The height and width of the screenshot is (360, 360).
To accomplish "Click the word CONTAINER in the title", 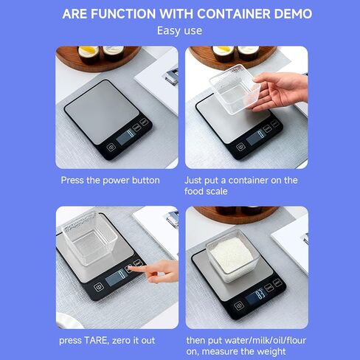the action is click(x=233, y=14).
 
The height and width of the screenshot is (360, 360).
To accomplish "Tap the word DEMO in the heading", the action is click(x=293, y=14).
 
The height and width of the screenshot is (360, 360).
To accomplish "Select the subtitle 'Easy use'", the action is click(x=180, y=31).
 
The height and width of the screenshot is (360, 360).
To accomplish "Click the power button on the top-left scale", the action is click(x=111, y=148).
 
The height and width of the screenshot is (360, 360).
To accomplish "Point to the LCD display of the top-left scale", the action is click(x=126, y=136).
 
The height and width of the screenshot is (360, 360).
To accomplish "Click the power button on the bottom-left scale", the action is click(x=99, y=287).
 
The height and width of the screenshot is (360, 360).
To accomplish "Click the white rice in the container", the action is click(x=231, y=254).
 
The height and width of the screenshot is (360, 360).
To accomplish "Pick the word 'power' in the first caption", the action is click(x=116, y=181).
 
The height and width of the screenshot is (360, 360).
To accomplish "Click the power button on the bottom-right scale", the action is click(x=239, y=306).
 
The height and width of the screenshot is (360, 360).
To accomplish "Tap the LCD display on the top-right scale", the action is click(x=256, y=137).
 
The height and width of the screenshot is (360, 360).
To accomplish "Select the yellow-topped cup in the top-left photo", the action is click(x=89, y=54).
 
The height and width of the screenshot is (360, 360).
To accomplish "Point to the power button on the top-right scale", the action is click(x=240, y=147).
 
